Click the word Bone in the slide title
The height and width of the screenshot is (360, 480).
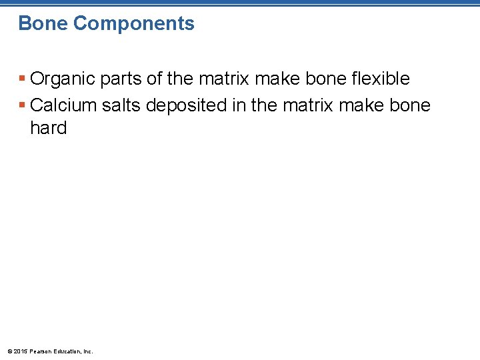pos(43,24)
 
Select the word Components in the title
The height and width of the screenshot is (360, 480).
pos(133,24)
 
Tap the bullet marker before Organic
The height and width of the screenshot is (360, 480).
pos(23,79)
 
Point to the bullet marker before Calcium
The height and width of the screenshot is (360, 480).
pos(23,106)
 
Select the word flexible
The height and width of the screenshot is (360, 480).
pos(377,79)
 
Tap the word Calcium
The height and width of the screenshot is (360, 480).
pos(62,105)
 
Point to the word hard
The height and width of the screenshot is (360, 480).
pos(49,128)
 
